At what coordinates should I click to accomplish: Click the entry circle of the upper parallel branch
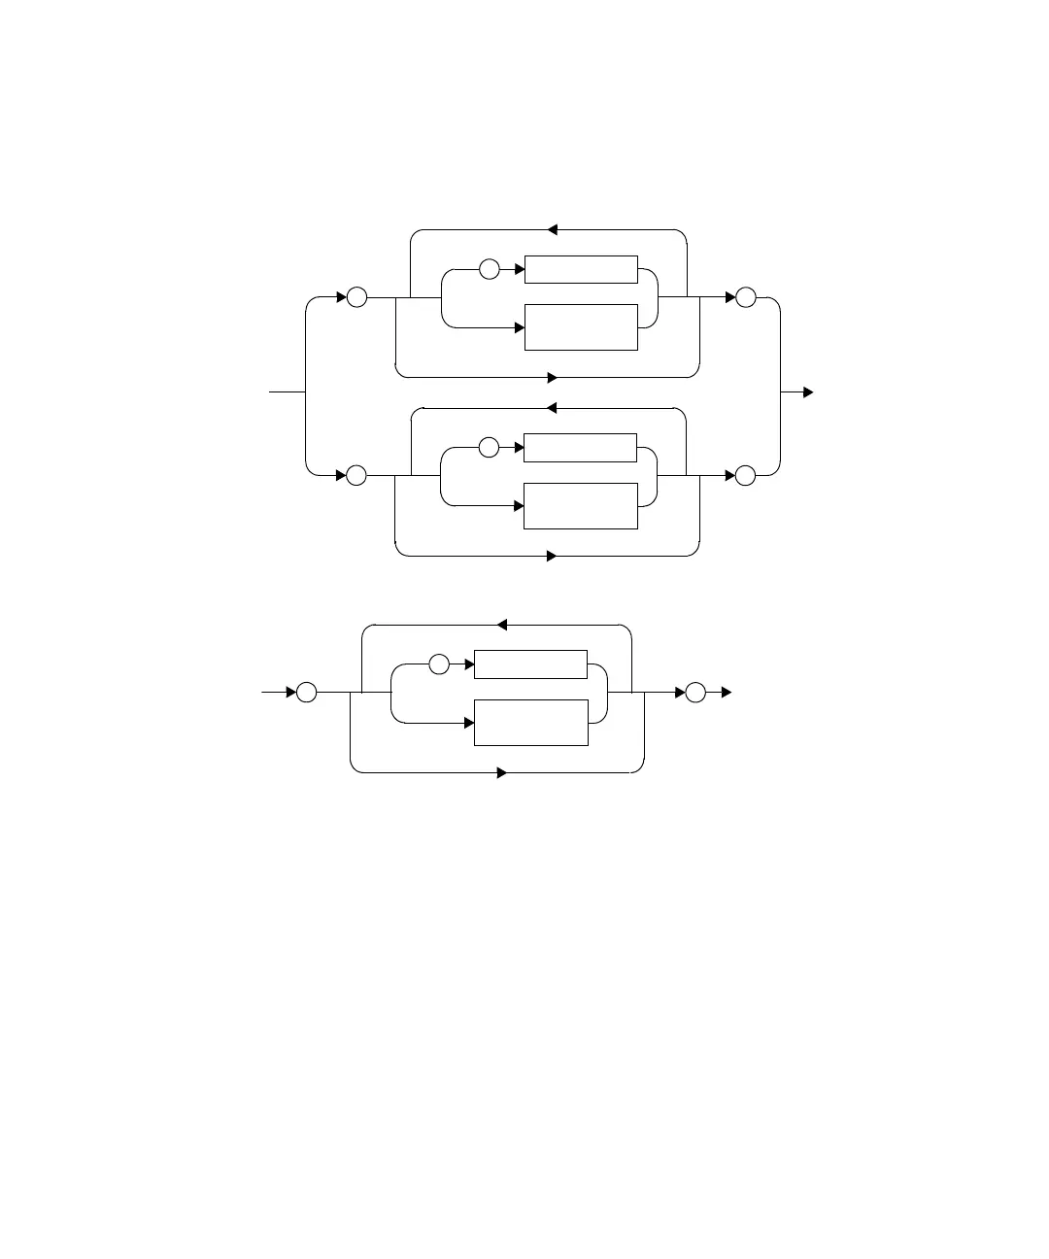click(356, 297)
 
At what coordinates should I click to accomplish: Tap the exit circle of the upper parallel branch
click(745, 297)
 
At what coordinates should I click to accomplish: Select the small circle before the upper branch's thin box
click(490, 269)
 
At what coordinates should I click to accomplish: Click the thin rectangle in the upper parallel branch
click(581, 269)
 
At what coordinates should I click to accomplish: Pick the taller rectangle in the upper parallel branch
click(581, 327)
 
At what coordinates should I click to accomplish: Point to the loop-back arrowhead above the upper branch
click(552, 230)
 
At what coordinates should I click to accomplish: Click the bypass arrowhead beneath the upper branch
click(552, 377)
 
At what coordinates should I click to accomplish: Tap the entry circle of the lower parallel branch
click(356, 476)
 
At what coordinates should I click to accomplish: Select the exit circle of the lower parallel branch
click(745, 476)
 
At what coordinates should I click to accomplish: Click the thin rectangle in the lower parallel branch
click(581, 448)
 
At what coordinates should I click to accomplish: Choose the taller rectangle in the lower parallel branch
click(581, 506)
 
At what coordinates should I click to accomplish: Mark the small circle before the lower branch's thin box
click(489, 448)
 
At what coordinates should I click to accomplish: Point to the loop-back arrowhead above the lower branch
click(552, 408)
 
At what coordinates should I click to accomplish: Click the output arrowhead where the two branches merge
click(808, 392)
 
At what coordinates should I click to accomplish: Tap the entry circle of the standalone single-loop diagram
click(306, 693)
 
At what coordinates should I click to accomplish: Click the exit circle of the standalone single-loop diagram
click(695, 693)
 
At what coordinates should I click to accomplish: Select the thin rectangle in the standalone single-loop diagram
click(530, 664)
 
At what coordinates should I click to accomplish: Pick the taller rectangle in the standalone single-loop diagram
click(530, 723)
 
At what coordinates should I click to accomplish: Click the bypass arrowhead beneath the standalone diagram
click(502, 773)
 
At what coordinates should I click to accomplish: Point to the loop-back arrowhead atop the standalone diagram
click(501, 625)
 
